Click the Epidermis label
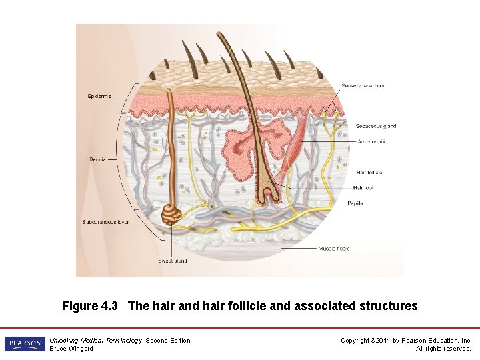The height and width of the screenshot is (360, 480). point(99,97)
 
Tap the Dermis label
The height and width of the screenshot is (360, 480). point(97,159)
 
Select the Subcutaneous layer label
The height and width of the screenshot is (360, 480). point(105,222)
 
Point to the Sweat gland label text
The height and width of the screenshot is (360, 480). point(172,261)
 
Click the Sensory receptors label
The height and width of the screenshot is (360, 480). point(363,86)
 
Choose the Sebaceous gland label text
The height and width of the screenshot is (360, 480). point(375,126)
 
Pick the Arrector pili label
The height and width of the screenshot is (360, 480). point(371,141)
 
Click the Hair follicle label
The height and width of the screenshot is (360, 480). point(369,173)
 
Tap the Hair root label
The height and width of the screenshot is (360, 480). point(363,188)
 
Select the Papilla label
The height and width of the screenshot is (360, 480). point(355,203)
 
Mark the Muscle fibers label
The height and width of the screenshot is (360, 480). point(333,249)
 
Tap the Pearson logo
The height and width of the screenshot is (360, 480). point(24,344)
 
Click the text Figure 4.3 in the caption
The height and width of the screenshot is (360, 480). point(89,306)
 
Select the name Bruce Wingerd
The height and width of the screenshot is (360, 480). point(71,349)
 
